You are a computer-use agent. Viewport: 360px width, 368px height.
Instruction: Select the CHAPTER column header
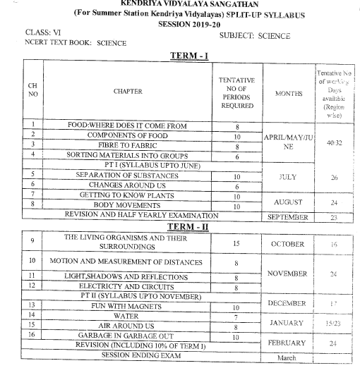click(x=127, y=91)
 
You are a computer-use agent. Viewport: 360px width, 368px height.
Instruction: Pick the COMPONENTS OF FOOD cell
click(x=126, y=136)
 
